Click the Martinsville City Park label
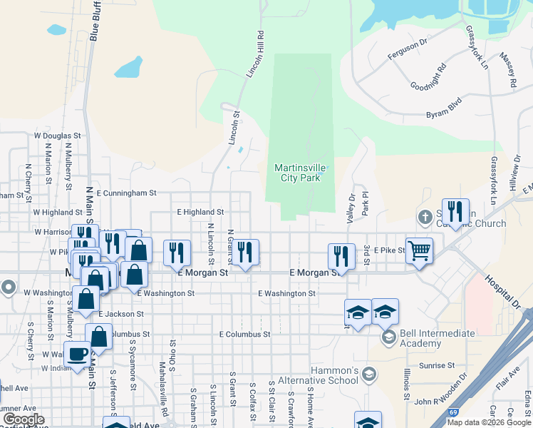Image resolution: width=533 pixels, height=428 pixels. click(x=301, y=173)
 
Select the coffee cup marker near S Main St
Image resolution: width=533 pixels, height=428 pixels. click(x=78, y=354)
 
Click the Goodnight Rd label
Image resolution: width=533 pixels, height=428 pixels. click(x=428, y=77)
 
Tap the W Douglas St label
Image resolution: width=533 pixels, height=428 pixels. click(x=58, y=136)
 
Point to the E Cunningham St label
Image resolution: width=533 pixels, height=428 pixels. click(x=126, y=193)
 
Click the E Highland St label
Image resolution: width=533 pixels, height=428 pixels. click(x=200, y=212)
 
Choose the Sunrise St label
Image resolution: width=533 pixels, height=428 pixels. click(x=437, y=365)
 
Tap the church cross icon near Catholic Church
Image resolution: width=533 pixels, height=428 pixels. click(x=425, y=216)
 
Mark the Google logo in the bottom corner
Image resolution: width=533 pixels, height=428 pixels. click(x=24, y=419)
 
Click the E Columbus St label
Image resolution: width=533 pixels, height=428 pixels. click(x=244, y=334)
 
